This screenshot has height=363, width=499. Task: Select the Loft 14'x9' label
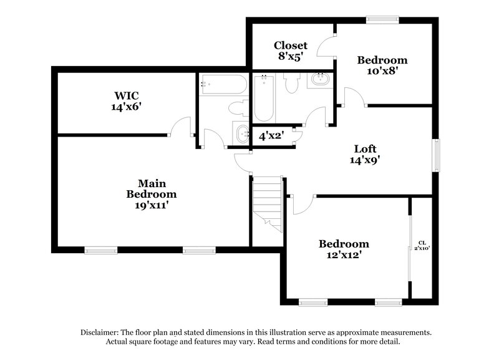pyautogui.click(x=365, y=154)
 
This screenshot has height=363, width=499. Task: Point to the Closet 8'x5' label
pyautogui.click(x=291, y=51)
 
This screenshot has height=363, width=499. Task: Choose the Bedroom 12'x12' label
pyautogui.click(x=344, y=249)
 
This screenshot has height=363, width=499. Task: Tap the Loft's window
pyautogui.click(x=437, y=153)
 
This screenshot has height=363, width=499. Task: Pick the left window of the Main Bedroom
pyautogui.click(x=101, y=251)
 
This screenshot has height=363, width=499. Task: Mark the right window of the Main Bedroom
pyautogui.click(x=198, y=251)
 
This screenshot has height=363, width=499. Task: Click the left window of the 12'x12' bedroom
pyautogui.click(x=313, y=302)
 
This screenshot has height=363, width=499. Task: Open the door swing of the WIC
pyautogui.click(x=182, y=126)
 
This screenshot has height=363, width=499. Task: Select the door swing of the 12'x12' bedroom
pyautogui.click(x=304, y=206)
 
